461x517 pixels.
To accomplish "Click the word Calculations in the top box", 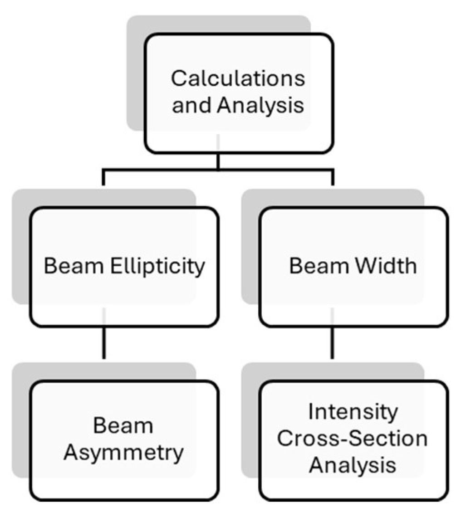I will (237, 78).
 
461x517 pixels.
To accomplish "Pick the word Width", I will (387, 266).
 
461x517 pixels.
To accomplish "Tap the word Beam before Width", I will (312, 266).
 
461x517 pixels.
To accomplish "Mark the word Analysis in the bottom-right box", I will (352, 466).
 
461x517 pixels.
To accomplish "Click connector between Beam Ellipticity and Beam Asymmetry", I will (104, 342).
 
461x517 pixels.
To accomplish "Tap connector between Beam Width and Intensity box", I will (333, 342).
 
